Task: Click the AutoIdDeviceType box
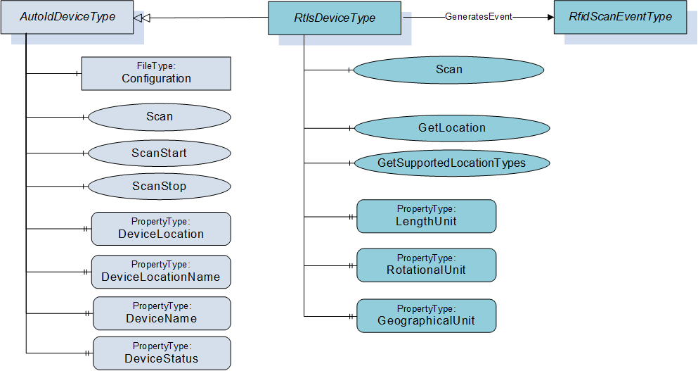[67, 17]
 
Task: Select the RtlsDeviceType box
[335, 18]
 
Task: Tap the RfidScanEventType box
[620, 17]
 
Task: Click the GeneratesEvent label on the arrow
[479, 17]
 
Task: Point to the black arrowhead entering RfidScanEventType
[550, 18]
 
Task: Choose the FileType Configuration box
[156, 74]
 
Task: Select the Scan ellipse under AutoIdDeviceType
[160, 118]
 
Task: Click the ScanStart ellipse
[160, 153]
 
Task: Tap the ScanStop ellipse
[160, 187]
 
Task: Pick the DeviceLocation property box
[161, 229]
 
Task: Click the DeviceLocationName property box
[161, 272]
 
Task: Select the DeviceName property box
[162, 313]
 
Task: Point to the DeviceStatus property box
[162, 353]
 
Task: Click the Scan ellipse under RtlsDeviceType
[448, 70]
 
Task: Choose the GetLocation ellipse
[452, 128]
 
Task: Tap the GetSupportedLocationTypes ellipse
[452, 163]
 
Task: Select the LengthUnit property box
[427, 216]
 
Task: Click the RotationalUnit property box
[427, 265]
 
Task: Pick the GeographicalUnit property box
[427, 316]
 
